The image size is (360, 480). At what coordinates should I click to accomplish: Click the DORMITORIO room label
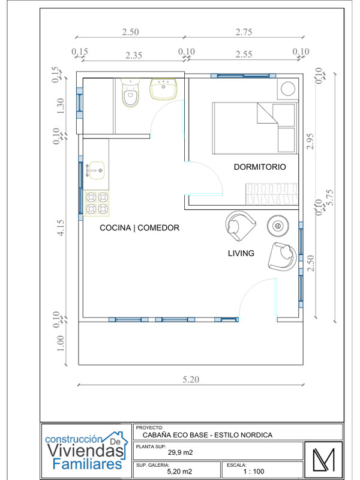pyautogui.click(x=259, y=167)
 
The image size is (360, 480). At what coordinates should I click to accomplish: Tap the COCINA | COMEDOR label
pyautogui.click(x=139, y=228)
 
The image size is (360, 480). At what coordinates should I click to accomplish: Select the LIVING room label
pyautogui.click(x=241, y=253)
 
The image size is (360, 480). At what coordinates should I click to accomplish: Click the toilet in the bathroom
pyautogui.click(x=130, y=94)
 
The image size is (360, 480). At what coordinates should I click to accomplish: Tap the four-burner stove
pyautogui.click(x=97, y=203)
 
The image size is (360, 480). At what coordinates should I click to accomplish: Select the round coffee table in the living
pyautogui.click(x=278, y=226)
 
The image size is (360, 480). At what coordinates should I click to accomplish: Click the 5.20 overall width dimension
pyautogui.click(x=191, y=379)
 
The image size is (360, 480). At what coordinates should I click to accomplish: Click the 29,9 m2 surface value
pyautogui.click(x=180, y=453)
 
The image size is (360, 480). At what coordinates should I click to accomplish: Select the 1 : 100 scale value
pyautogui.click(x=254, y=472)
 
